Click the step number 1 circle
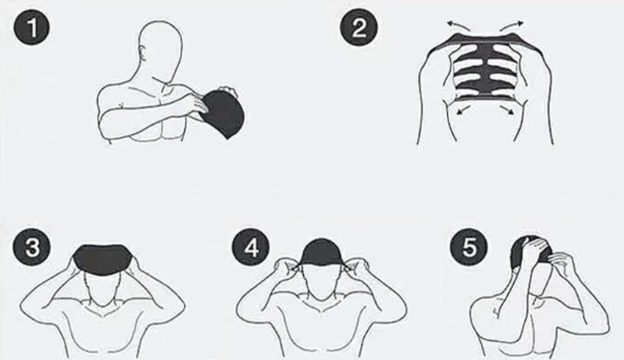click(x=32, y=27)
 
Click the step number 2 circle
click(x=358, y=27)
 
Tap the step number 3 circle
click(x=32, y=247)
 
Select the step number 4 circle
click(x=251, y=247)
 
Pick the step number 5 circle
click(x=469, y=247)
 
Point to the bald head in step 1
click(x=160, y=48)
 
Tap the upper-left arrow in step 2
click(x=458, y=26)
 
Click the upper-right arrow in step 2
click(x=512, y=26)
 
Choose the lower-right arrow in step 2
click(x=507, y=109)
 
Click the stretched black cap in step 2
click(x=485, y=65)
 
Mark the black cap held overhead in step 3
click(x=103, y=258)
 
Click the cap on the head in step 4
click(x=321, y=253)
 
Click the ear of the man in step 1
click(x=142, y=53)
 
